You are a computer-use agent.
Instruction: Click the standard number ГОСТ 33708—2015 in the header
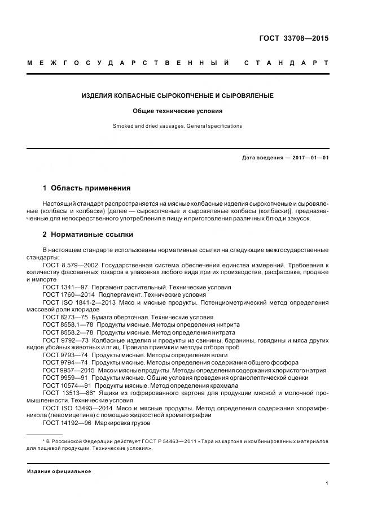click(293, 39)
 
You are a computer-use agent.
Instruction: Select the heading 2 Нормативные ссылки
click(88, 234)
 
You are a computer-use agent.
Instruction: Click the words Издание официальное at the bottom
click(59, 471)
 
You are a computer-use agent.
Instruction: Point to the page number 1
click(327, 483)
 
